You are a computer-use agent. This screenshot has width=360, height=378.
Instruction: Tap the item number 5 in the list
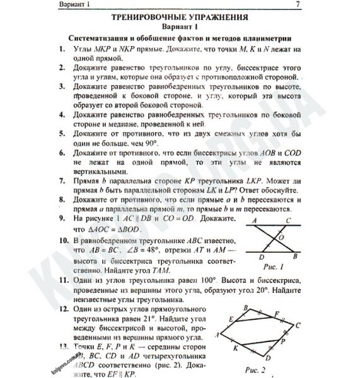[x=60, y=135]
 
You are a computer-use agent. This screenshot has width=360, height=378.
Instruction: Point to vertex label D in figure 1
[x=260, y=256]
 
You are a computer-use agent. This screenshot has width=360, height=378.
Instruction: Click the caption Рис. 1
[x=274, y=267]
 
